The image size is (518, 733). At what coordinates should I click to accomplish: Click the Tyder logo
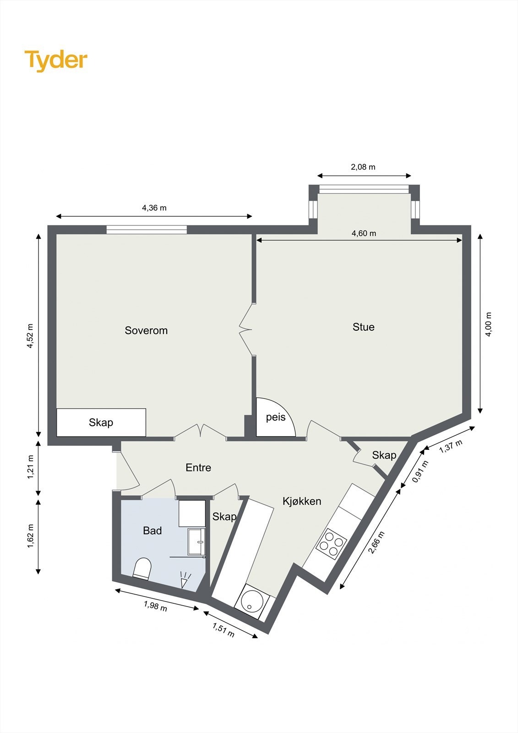pyautogui.click(x=56, y=60)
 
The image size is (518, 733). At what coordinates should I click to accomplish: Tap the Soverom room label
pyautogui.click(x=146, y=330)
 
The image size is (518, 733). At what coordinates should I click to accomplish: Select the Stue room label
pyautogui.click(x=363, y=327)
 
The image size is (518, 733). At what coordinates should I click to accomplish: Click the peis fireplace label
pyautogui.click(x=276, y=417)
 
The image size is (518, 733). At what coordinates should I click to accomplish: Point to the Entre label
pyautogui.click(x=198, y=468)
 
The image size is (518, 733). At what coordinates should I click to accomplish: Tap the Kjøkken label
pyautogui.click(x=302, y=501)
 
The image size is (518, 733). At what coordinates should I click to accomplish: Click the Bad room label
pyautogui.click(x=153, y=531)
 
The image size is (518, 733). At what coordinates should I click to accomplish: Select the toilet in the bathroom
pyautogui.click(x=142, y=569)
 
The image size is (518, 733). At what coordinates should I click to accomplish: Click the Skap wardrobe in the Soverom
pyautogui.click(x=101, y=422)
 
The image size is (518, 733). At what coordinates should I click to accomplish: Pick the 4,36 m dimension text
pyautogui.click(x=154, y=208)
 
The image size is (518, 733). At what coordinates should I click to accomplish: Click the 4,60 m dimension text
pyautogui.click(x=364, y=234)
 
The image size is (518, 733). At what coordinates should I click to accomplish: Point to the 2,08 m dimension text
pyautogui.click(x=363, y=167)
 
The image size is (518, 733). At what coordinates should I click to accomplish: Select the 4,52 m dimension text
pyautogui.click(x=30, y=336)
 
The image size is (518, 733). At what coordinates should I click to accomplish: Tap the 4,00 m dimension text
pyautogui.click(x=489, y=324)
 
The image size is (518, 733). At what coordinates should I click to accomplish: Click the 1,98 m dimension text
pyautogui.click(x=155, y=606)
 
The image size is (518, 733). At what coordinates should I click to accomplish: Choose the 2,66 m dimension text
pyautogui.click(x=376, y=543)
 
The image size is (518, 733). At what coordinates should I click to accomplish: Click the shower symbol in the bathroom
pyautogui.click(x=185, y=580)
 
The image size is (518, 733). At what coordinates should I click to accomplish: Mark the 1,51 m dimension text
pyautogui.click(x=223, y=630)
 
